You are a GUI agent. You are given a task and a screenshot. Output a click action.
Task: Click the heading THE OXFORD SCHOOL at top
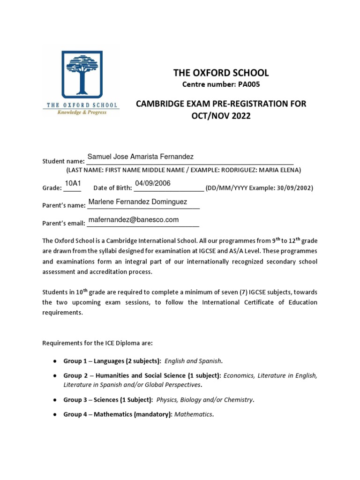221,73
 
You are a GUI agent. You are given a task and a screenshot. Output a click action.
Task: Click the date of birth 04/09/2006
153,183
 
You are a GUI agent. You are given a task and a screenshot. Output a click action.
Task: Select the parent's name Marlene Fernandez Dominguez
137,202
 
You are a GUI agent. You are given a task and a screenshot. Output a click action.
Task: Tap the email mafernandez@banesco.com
133,219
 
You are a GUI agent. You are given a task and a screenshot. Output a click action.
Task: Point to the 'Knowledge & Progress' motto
82,112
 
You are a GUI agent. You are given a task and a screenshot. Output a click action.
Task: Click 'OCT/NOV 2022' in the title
221,116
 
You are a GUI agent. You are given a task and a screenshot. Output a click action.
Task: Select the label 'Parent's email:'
63,223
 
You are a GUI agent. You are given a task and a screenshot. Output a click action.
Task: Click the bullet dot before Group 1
55,361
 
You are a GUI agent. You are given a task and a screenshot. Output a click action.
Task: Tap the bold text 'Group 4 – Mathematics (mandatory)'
118,414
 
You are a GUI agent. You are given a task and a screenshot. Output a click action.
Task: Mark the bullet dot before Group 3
55,400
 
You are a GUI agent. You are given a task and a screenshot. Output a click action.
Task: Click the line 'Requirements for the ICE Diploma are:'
97,343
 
